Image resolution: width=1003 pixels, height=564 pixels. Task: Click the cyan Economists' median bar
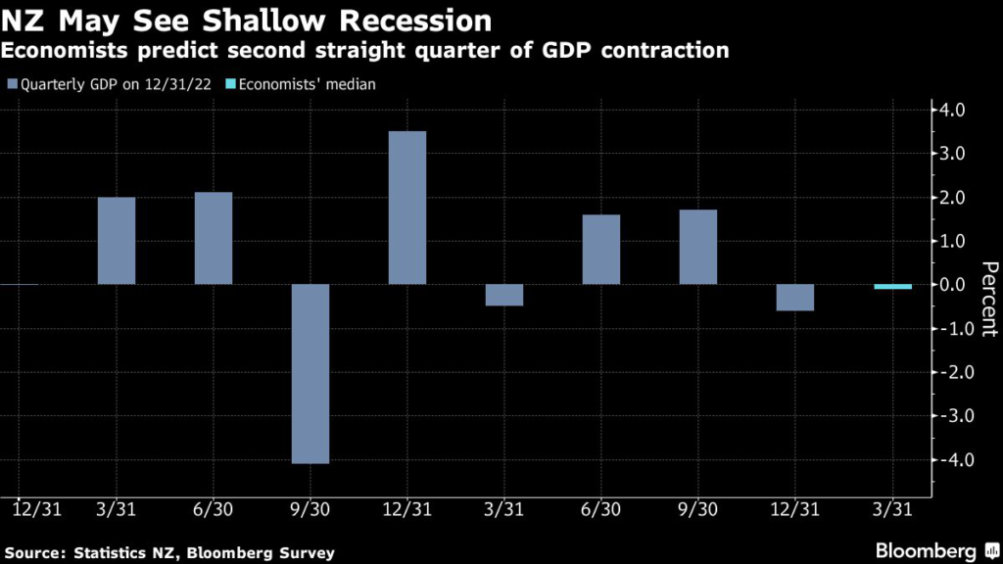tap(892, 287)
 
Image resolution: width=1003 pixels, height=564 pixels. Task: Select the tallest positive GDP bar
tap(407, 208)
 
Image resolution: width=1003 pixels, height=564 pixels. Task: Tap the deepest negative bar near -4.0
tap(310, 373)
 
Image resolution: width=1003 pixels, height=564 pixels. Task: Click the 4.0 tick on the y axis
tap(954, 110)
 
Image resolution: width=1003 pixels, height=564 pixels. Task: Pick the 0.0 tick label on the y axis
tap(954, 285)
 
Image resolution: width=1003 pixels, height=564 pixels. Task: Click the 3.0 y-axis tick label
tap(954, 154)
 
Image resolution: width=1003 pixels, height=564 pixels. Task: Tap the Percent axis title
tap(988, 299)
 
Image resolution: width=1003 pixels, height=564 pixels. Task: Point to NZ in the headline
tap(26, 19)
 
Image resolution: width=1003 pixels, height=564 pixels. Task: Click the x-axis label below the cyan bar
tap(892, 510)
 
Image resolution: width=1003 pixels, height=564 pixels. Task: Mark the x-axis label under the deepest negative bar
tap(310, 510)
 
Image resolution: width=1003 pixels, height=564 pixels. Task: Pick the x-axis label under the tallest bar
tap(407, 510)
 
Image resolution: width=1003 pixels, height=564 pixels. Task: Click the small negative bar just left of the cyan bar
tap(795, 298)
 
